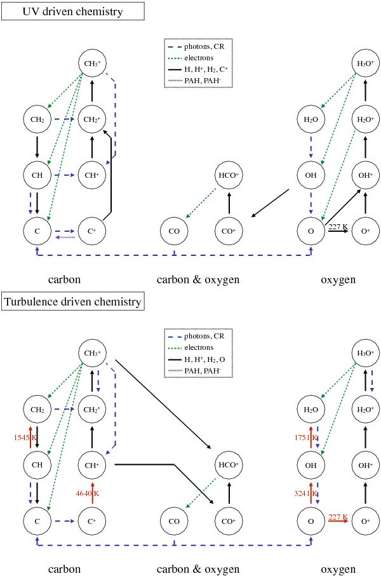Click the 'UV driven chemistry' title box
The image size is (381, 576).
coord(73,11)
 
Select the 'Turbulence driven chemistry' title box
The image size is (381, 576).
coord(73,302)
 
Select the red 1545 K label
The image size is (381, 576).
coord(26,437)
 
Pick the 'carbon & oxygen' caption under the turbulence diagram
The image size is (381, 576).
coord(198,569)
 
